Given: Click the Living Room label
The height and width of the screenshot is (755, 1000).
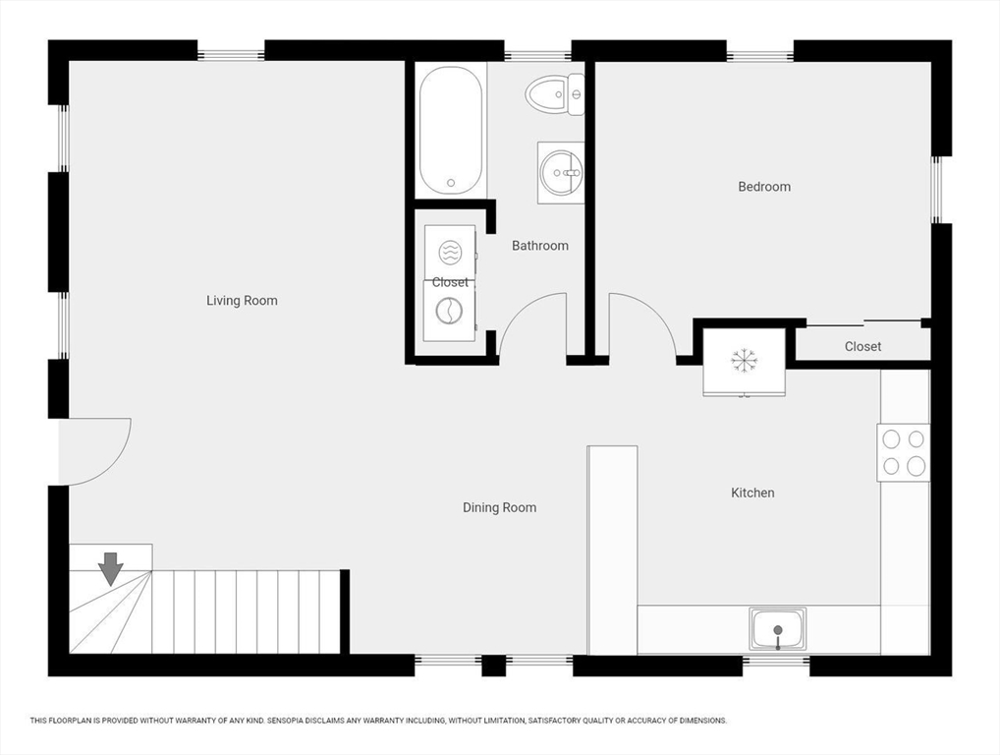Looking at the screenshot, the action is pyautogui.click(x=242, y=301).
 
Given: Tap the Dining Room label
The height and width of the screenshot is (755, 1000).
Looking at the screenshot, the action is pyautogui.click(x=499, y=507).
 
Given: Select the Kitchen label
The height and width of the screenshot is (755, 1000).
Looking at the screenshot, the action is pyautogui.click(x=752, y=493).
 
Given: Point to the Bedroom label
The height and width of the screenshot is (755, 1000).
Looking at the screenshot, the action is pyautogui.click(x=764, y=187).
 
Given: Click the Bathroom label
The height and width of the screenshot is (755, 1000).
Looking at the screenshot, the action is pyautogui.click(x=540, y=246).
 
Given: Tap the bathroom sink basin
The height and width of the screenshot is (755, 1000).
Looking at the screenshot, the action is pyautogui.click(x=561, y=172).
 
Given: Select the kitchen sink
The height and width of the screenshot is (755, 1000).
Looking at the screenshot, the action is pyautogui.click(x=777, y=629).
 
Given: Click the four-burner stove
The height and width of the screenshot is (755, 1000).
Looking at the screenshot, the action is pyautogui.click(x=903, y=452).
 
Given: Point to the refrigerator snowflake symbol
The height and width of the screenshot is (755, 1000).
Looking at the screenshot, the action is pyautogui.click(x=744, y=361).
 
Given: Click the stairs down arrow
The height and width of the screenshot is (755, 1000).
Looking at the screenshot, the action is pyautogui.click(x=111, y=568).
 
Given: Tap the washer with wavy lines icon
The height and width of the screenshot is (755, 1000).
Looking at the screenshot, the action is pyautogui.click(x=450, y=252).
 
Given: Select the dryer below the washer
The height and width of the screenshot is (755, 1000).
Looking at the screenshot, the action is pyautogui.click(x=450, y=311).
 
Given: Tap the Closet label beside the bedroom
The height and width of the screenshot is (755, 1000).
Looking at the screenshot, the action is pyautogui.click(x=862, y=347).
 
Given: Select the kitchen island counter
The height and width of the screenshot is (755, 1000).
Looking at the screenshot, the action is pyautogui.click(x=612, y=551).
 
